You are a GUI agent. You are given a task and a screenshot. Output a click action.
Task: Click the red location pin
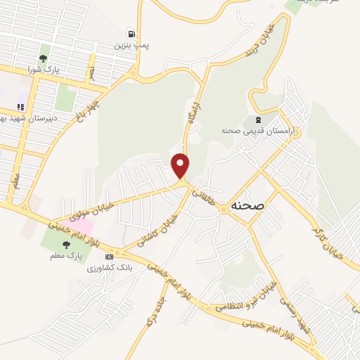coord(181,166)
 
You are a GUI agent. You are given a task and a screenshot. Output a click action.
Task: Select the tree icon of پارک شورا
coord(44,58)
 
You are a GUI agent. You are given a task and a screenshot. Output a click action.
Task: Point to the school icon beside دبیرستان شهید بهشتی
coord(20,108)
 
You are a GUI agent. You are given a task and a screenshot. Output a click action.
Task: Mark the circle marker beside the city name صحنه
coord(224,209)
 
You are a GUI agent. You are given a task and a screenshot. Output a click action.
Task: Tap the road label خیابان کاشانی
coord(169,226)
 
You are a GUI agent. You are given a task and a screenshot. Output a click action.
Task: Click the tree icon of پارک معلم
coord(66,245)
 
